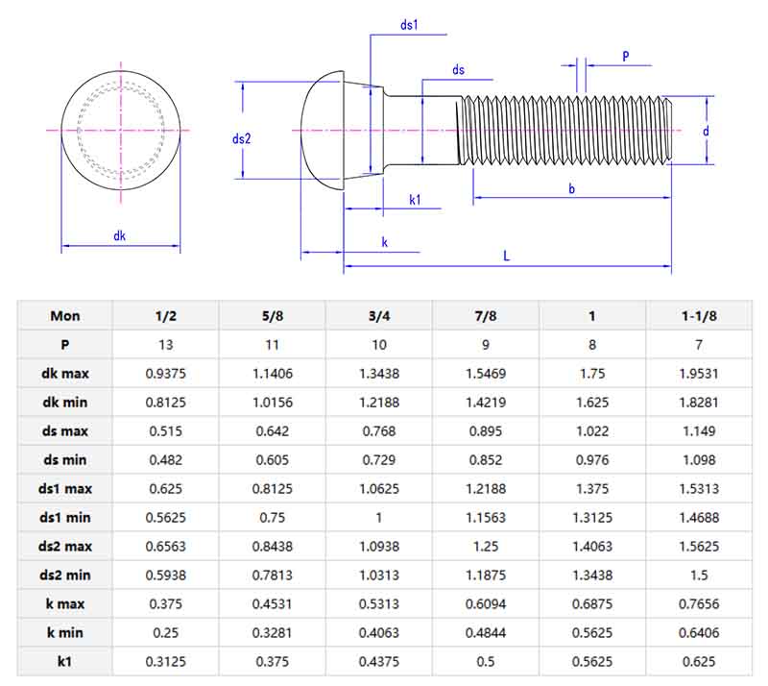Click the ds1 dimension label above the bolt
(x=409, y=25)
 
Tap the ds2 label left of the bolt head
(x=241, y=138)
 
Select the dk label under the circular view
(x=120, y=235)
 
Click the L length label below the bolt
(x=506, y=256)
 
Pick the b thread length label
(x=571, y=189)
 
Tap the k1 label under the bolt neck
(x=416, y=200)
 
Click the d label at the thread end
(x=705, y=131)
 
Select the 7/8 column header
(x=486, y=315)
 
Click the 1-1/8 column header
(x=699, y=315)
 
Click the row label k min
(x=65, y=632)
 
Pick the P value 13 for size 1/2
(x=166, y=344)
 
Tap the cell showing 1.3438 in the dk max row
(x=379, y=373)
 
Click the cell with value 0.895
(x=486, y=430)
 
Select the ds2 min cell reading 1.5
(x=699, y=575)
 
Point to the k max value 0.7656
(x=699, y=603)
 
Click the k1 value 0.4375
(x=379, y=661)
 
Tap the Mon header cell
(x=65, y=315)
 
